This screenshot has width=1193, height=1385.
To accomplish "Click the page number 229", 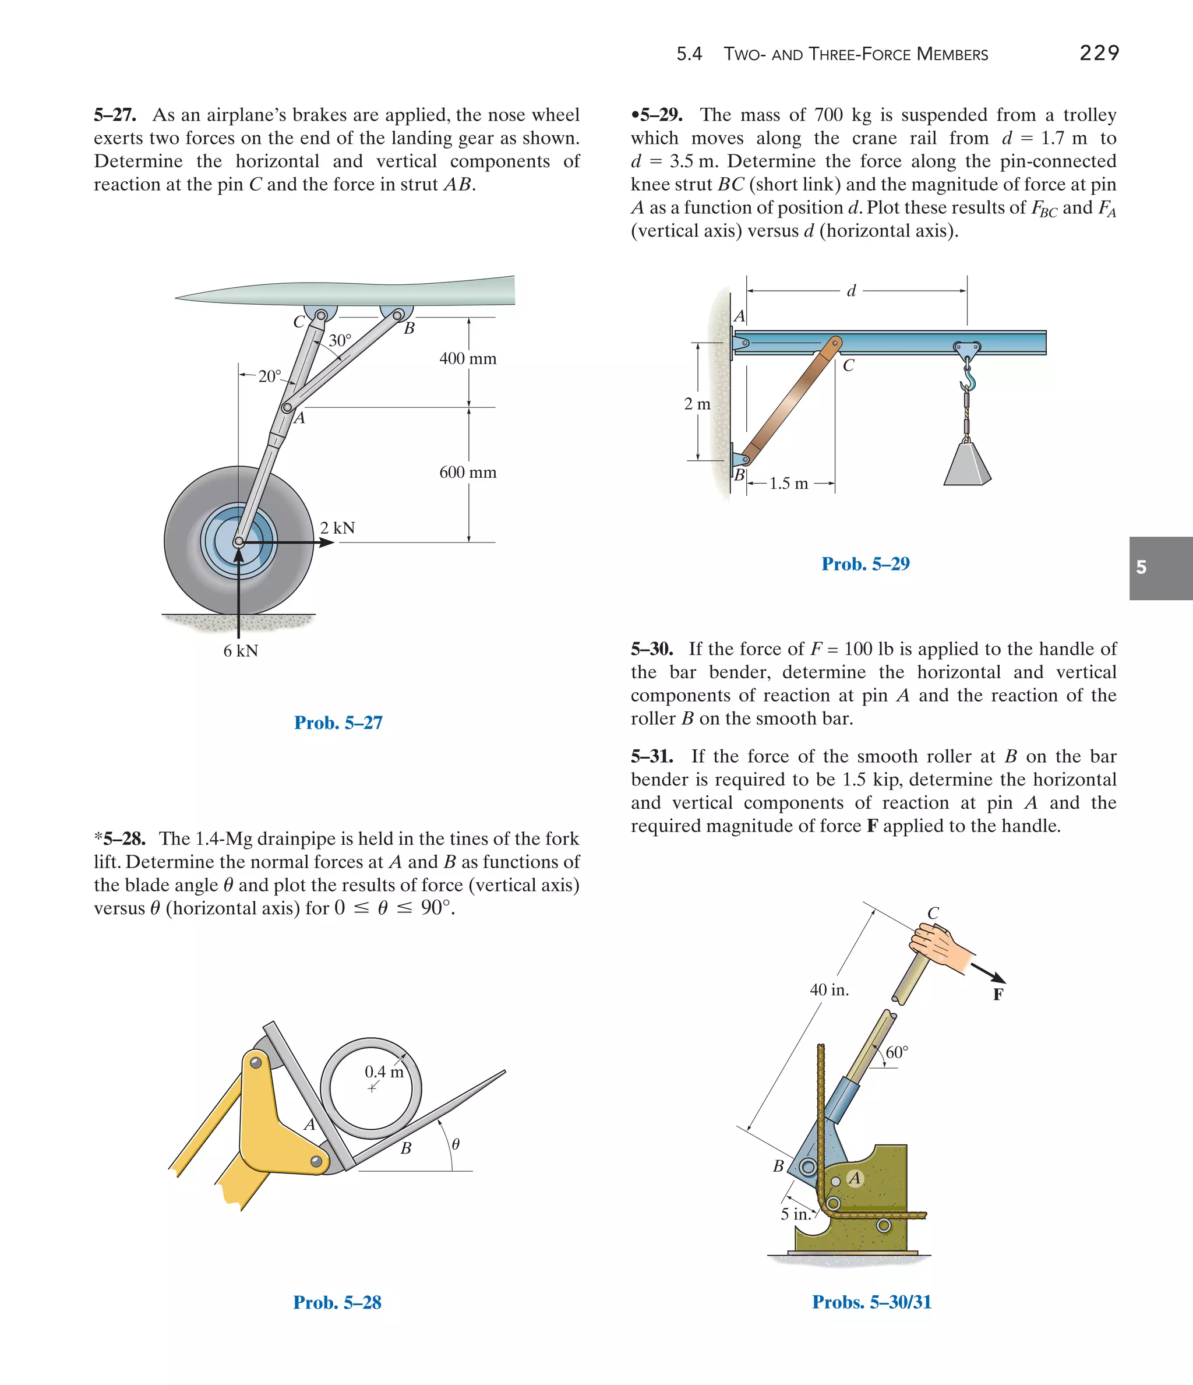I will [1099, 53].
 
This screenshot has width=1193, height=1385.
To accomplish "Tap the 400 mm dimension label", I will [468, 359].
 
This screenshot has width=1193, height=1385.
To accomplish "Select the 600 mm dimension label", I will [468, 473].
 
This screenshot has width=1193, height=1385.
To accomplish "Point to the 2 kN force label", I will [337, 528].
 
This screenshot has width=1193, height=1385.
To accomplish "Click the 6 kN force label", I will [241, 651].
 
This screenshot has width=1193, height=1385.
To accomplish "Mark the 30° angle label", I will [340, 341].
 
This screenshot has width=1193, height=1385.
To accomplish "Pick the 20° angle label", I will [270, 376].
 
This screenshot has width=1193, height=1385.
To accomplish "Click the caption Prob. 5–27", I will [338, 723].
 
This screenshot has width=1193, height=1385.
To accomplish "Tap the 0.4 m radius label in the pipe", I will [384, 1072].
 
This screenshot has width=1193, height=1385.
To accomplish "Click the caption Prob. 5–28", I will [337, 1302].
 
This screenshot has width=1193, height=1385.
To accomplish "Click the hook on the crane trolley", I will [968, 378].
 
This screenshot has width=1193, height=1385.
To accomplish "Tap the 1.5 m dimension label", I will [789, 483].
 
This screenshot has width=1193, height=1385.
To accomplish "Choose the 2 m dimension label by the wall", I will [697, 404].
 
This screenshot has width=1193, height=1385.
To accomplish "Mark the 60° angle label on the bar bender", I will [897, 1053].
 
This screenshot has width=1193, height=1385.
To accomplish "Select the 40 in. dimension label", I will [830, 990].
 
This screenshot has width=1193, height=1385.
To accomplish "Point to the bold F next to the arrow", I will [998, 995].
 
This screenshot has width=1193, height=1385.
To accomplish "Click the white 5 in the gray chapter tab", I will [1142, 568].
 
